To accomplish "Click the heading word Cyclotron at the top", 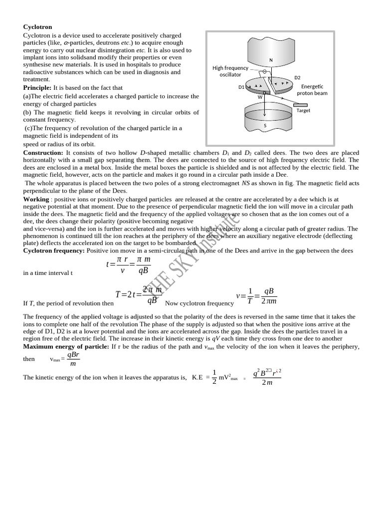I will pyautogui.click(x=37, y=26).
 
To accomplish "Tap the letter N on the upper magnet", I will pyautogui.click(x=271, y=60).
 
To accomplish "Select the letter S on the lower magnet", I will pyautogui.click(x=265, y=125).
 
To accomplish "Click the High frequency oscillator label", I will pyautogui.click(x=230, y=71).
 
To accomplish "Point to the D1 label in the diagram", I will pyautogui.click(x=241, y=87).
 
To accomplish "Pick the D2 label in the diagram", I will pyautogui.click(x=297, y=78).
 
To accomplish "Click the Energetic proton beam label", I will pyautogui.click(x=312, y=90).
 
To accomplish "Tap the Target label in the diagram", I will pyautogui.click(x=303, y=111).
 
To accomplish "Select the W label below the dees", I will pyautogui.click(x=260, y=97).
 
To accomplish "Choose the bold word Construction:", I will pyautogui.click(x=44, y=152).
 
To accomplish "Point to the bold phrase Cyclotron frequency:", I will pyautogui.click(x=54, y=251).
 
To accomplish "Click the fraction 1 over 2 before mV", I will pyautogui.click(x=214, y=377).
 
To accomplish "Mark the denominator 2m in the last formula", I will pyautogui.click(x=267, y=383).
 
